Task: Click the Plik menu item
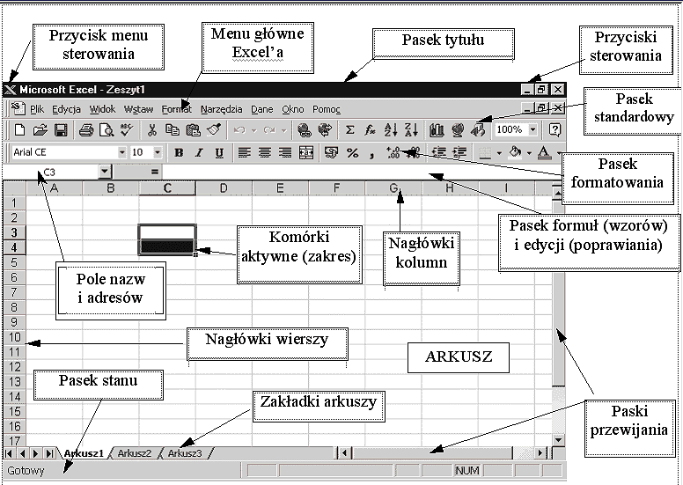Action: pyautogui.click(x=37, y=109)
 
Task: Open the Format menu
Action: pyautogui.click(x=176, y=109)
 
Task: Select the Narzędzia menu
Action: pyautogui.click(x=221, y=109)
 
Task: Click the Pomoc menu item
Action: pyautogui.click(x=326, y=109)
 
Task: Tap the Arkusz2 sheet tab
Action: pyautogui.click(x=136, y=453)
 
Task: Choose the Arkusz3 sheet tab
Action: pyautogui.click(x=185, y=453)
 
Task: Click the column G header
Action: pyautogui.click(x=393, y=187)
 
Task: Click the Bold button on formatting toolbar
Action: pyautogui.click(x=179, y=152)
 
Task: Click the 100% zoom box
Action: pyautogui.click(x=510, y=129)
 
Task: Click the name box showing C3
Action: pyautogui.click(x=62, y=172)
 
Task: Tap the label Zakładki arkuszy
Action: pyautogui.click(x=319, y=401)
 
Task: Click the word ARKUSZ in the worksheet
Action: pyautogui.click(x=458, y=356)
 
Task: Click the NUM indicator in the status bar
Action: pyautogui.click(x=466, y=471)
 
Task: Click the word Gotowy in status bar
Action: pyautogui.click(x=25, y=471)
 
